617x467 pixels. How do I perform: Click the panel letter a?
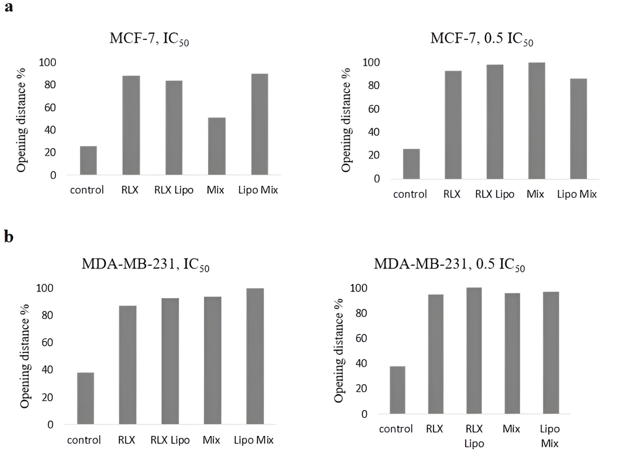[x=9, y=7]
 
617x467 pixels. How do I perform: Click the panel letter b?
[x=9, y=237]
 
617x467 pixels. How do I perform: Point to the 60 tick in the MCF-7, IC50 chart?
[x=50, y=107]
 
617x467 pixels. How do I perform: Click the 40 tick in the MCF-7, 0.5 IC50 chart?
[x=374, y=132]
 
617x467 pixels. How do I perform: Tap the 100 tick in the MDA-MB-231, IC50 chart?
[x=45, y=288]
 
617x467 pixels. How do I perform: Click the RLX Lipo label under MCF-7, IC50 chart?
[x=174, y=190]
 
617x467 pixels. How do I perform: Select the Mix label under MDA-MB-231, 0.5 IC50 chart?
[x=511, y=429]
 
